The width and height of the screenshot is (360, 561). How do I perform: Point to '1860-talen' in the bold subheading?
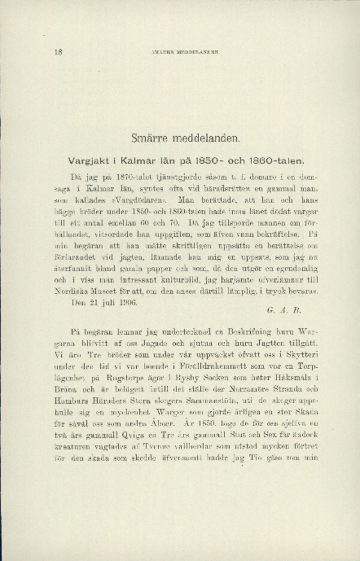283,160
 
